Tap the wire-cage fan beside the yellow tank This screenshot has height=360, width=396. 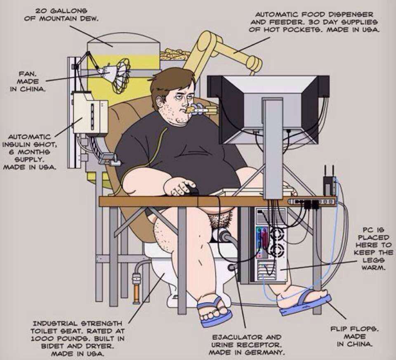tap(120, 76)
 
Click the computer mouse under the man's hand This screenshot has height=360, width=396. tap(192, 190)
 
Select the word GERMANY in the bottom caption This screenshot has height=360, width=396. tap(267, 352)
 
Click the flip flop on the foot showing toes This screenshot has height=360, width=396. tap(214, 313)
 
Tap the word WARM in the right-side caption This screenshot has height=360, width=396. tap(373, 268)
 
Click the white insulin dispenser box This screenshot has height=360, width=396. tap(90, 113)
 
